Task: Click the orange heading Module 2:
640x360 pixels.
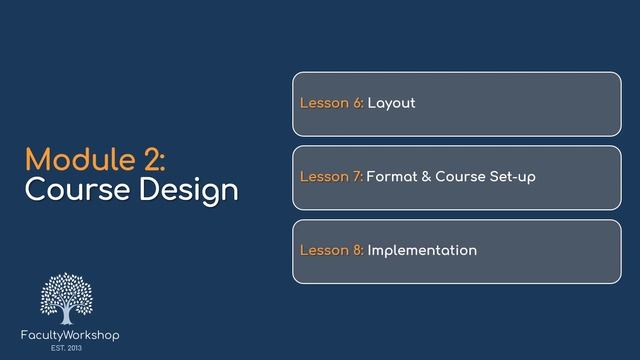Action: coord(95,159)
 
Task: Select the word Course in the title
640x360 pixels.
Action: coord(68,189)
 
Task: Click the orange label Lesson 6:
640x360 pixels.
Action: coord(331,104)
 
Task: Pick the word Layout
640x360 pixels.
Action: coord(391,104)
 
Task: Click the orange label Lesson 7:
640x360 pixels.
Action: coord(331,177)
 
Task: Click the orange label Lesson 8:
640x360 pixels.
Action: coord(331,250)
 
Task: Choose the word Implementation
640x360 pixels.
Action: coord(422,250)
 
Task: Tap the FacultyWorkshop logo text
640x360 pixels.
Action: coord(70,335)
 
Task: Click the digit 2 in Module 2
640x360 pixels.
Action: coord(146,159)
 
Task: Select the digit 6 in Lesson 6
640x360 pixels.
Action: coord(356,104)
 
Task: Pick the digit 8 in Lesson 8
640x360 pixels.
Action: coord(356,250)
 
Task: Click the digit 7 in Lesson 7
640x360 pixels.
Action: coord(356,177)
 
